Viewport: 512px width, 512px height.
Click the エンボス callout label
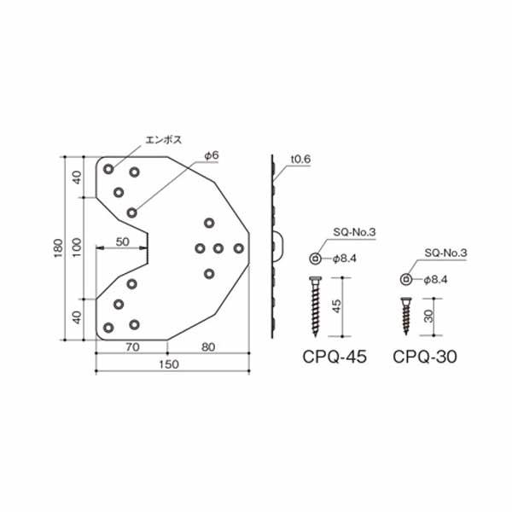tap(163, 140)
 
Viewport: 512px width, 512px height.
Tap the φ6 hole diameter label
tap(212, 156)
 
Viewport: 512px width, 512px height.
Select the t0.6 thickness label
tap(300, 160)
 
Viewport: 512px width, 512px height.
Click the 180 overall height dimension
tap(58, 248)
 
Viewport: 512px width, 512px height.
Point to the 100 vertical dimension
tap(77, 247)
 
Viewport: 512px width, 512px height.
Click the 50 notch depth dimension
tap(122, 242)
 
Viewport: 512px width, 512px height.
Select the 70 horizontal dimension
tap(132, 347)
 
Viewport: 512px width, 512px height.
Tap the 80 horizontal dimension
tap(208, 347)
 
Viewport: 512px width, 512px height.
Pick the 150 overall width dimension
tap(169, 364)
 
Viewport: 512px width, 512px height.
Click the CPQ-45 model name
tap(335, 357)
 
